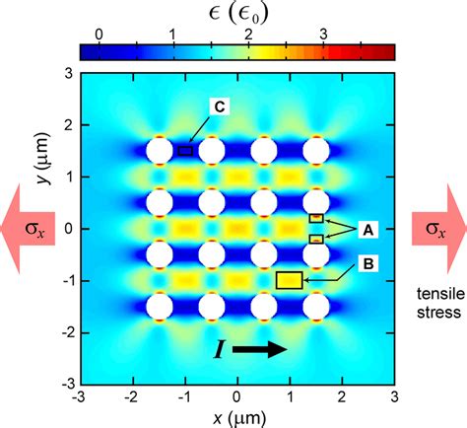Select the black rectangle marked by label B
point(289,280)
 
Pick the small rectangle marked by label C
point(185,151)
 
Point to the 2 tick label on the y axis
point(65,125)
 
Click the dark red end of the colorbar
point(386,52)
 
